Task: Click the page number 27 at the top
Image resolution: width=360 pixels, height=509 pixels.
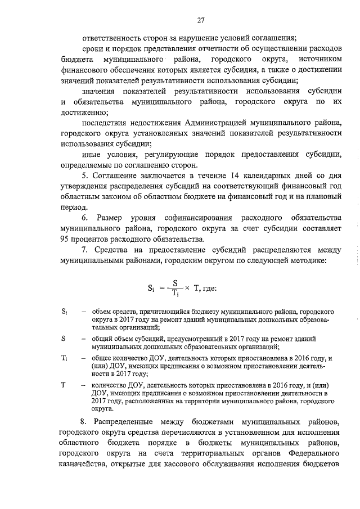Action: point(200,21)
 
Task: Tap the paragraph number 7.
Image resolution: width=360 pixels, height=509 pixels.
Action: point(84,250)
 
